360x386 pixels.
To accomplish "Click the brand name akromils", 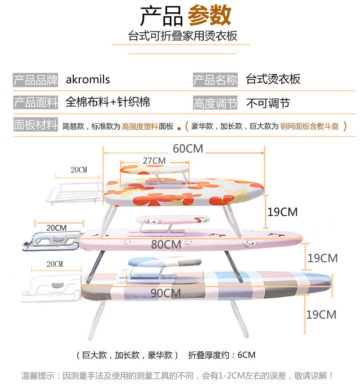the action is [87, 80].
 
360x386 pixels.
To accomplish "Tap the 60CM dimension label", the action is [188, 149].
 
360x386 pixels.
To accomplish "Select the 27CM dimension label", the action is [154, 161].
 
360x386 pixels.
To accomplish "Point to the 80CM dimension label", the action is [166, 244].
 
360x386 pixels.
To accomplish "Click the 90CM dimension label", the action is [165, 293].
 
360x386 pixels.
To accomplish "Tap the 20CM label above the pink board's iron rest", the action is [57, 228].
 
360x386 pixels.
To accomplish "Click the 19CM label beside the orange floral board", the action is [283, 212].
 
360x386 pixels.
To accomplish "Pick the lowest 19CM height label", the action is [321, 315].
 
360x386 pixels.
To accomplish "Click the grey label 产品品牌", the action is [36, 80].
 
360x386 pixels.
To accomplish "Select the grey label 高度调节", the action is [215, 103].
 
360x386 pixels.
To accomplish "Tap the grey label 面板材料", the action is [36, 124].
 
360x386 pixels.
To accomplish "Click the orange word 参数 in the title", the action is [210, 15].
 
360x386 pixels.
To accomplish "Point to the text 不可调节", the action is [268, 103].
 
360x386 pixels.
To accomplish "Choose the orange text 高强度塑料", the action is [140, 126].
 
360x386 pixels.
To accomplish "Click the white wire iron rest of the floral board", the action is [74, 193].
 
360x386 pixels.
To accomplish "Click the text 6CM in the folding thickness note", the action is [246, 355].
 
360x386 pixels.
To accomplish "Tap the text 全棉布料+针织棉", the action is [108, 102].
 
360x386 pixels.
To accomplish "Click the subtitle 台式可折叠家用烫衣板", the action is [183, 36].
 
